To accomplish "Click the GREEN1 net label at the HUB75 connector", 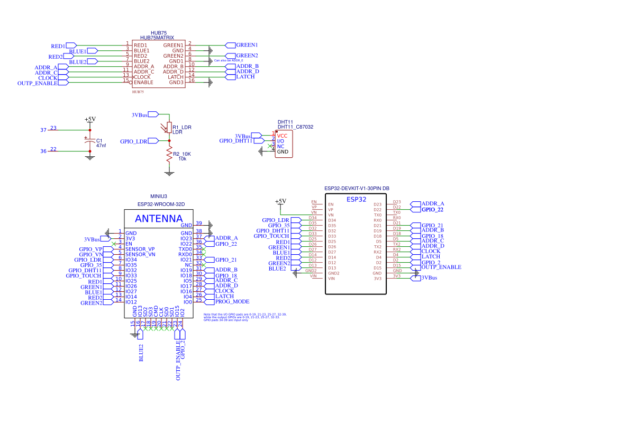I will pos(247,45).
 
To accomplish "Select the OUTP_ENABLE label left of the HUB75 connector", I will pos(37,83).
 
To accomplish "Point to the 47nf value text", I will pos(101,145).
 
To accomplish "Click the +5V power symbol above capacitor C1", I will pos(90,120).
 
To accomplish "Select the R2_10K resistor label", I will pos(181,154).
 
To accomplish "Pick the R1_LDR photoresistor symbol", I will pos(169,127).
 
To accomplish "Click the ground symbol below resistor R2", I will pos(169,172).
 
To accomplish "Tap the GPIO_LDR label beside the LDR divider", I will pos(133,141).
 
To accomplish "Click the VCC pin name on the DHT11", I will pos(283,136).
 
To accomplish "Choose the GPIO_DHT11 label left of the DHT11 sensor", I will pos(235,141).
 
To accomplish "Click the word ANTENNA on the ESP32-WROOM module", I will pos(159,218).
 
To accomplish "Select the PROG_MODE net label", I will pos(232,301).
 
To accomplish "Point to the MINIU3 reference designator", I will pos(158,196).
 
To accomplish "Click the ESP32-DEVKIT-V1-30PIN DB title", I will pos(357,188).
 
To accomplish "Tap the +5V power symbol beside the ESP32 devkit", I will pos(280,201).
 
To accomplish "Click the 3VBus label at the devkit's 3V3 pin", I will pos(429,278).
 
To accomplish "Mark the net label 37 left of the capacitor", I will pos(43,130).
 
